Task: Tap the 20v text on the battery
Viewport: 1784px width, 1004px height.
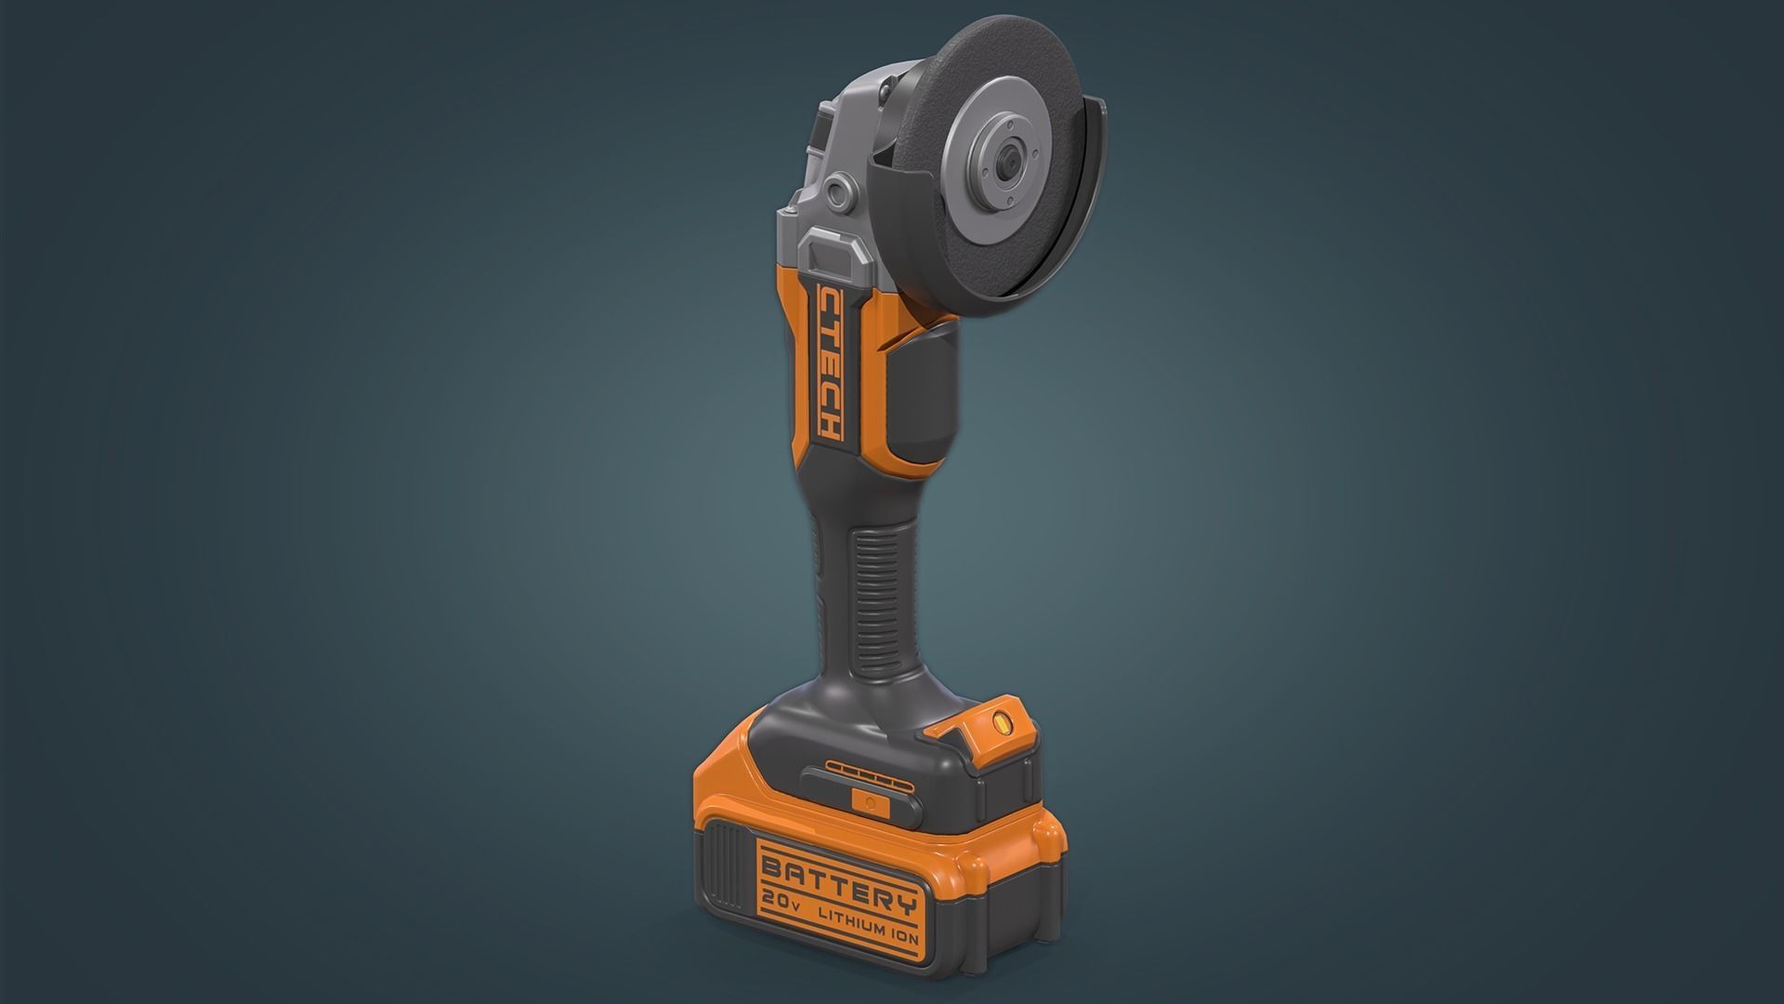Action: [784, 919]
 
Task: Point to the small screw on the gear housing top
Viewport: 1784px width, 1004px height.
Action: [880, 89]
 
